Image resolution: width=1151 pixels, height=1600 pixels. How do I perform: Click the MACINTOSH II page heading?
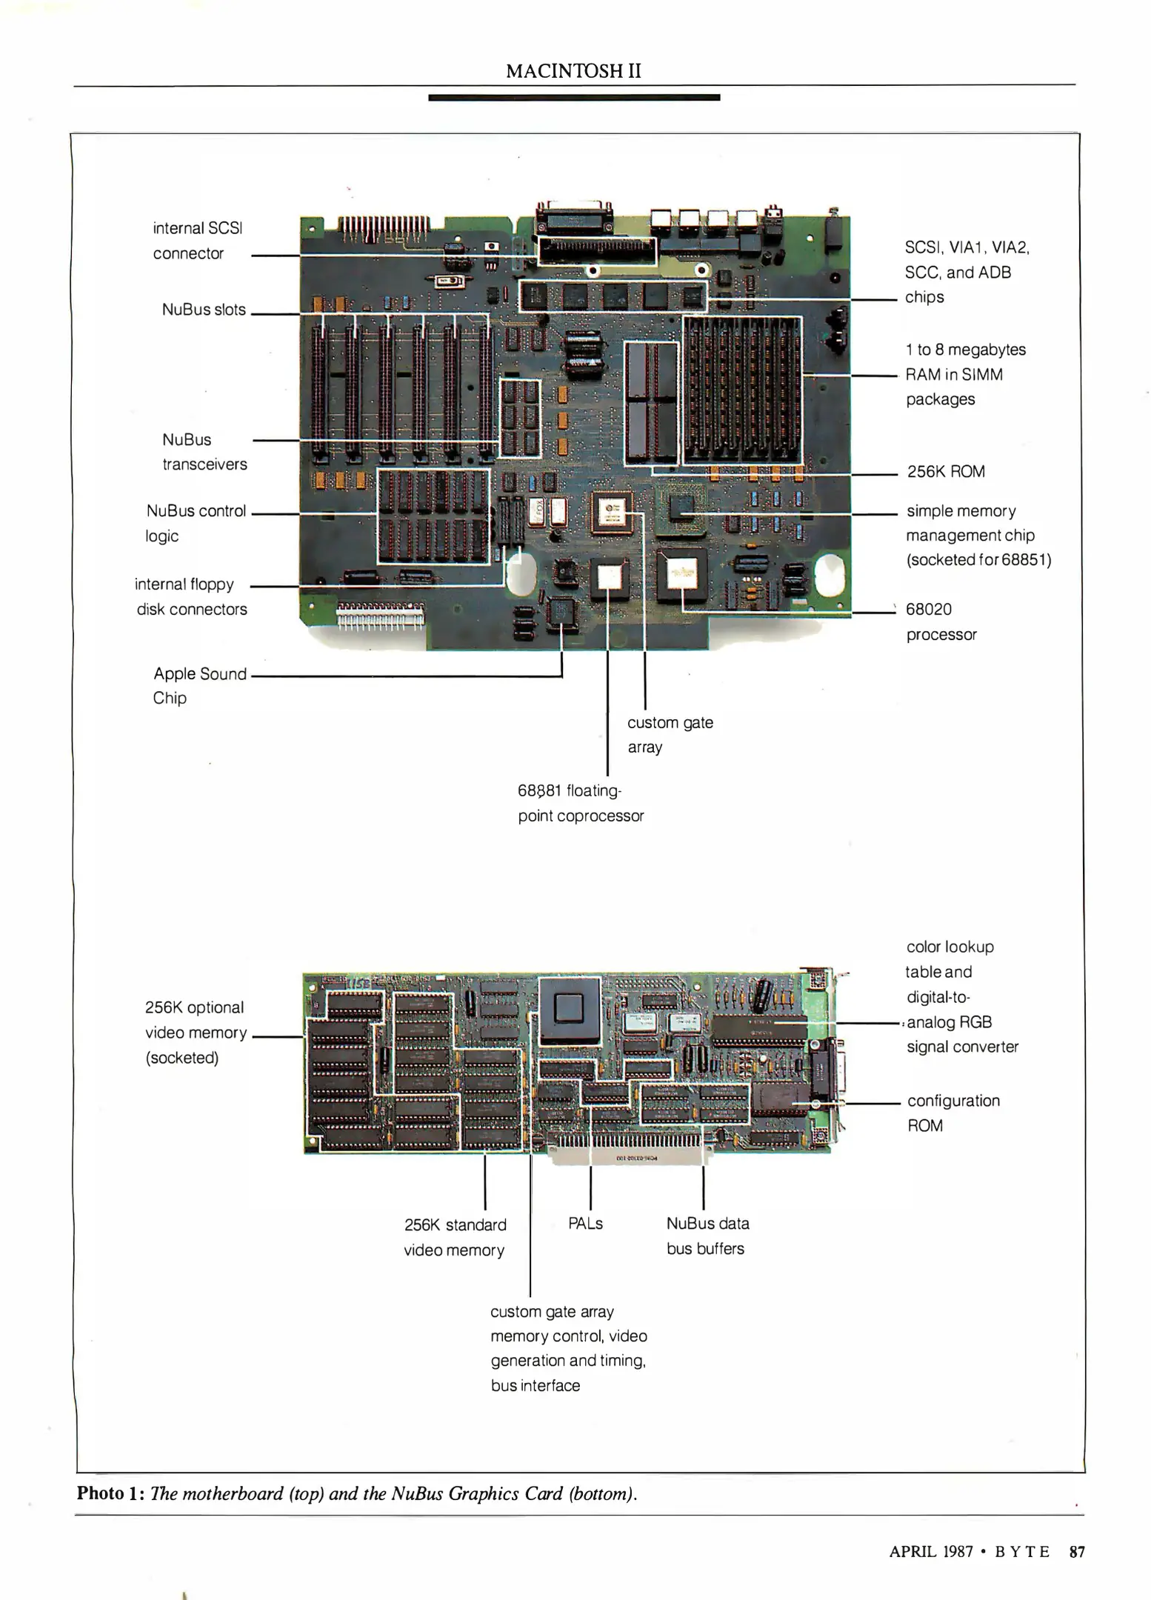[573, 71]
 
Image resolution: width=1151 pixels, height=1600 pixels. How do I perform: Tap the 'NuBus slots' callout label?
[204, 310]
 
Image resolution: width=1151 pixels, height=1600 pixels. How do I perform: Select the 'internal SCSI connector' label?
[197, 241]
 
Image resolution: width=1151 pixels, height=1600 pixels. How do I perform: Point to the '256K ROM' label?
[945, 472]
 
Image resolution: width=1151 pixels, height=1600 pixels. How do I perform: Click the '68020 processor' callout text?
[941, 621]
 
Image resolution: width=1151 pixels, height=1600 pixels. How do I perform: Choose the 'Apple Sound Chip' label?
[199, 685]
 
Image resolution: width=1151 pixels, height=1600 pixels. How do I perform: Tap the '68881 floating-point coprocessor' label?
[580, 803]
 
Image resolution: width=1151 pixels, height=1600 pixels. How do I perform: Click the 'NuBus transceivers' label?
[204, 452]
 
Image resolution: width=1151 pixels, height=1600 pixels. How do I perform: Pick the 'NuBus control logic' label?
[196, 523]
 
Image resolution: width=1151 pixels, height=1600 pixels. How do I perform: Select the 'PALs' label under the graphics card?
[585, 1224]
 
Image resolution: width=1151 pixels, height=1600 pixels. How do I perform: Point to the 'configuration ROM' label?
[953, 1113]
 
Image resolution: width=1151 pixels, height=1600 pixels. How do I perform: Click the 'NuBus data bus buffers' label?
[707, 1236]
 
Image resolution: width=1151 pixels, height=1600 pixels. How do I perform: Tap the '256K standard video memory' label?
[455, 1237]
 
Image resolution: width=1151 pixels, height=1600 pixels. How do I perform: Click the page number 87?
[1077, 1552]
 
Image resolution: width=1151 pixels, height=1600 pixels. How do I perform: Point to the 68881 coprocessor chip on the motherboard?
[609, 576]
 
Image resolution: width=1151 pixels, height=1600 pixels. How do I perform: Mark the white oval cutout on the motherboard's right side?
[829, 575]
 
